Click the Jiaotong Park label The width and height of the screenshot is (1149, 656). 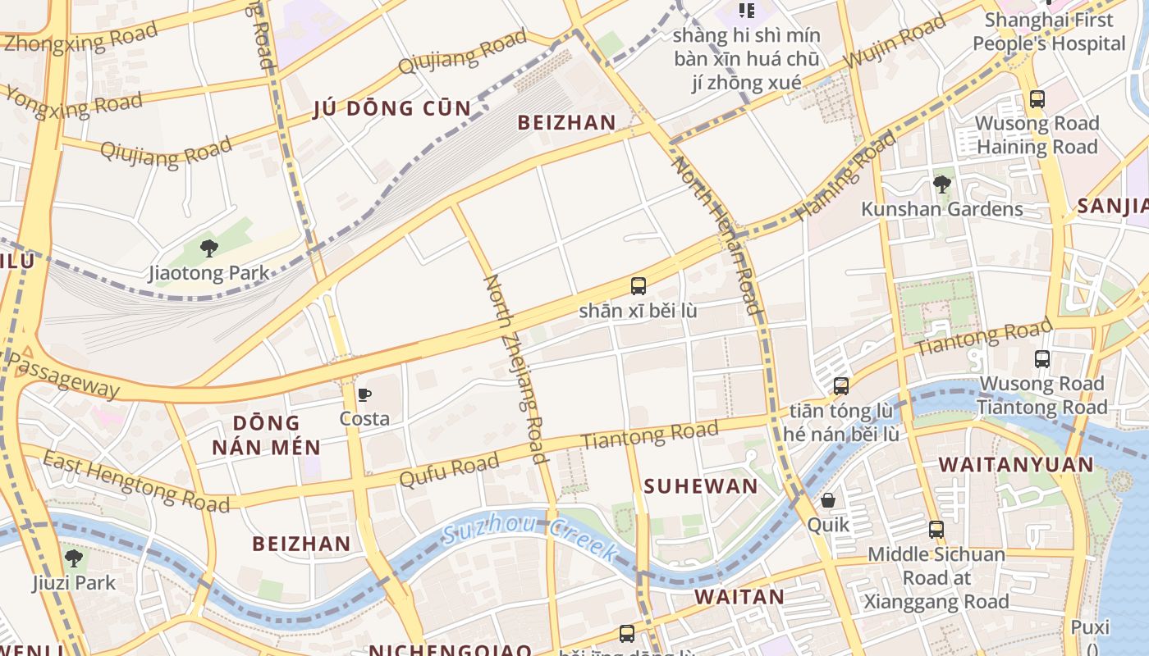(x=208, y=273)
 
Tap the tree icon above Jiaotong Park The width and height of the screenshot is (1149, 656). (x=208, y=247)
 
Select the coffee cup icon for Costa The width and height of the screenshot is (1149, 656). (x=364, y=394)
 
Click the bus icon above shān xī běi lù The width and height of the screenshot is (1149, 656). (x=639, y=286)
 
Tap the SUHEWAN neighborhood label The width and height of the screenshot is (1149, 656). (x=701, y=486)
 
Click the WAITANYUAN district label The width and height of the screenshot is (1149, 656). (x=1016, y=465)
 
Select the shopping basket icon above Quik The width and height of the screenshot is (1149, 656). (x=828, y=500)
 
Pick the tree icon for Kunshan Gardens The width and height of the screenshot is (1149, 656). (x=942, y=184)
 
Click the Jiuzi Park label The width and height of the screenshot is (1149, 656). (x=74, y=583)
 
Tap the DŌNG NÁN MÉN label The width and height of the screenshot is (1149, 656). (x=266, y=435)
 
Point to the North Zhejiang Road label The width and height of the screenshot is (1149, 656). (x=515, y=368)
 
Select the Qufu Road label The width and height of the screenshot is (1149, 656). (x=449, y=470)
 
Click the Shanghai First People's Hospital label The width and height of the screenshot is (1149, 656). (x=1048, y=32)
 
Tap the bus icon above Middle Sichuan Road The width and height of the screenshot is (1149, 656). (x=936, y=530)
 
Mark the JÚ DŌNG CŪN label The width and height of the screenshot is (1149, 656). (x=392, y=109)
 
